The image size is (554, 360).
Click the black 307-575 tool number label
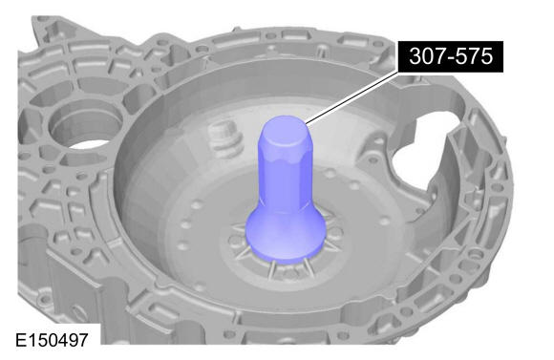pos(451,56)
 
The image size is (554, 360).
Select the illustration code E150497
pos(52,340)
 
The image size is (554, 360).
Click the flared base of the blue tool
pos(285,236)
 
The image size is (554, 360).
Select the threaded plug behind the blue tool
pos(224,138)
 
